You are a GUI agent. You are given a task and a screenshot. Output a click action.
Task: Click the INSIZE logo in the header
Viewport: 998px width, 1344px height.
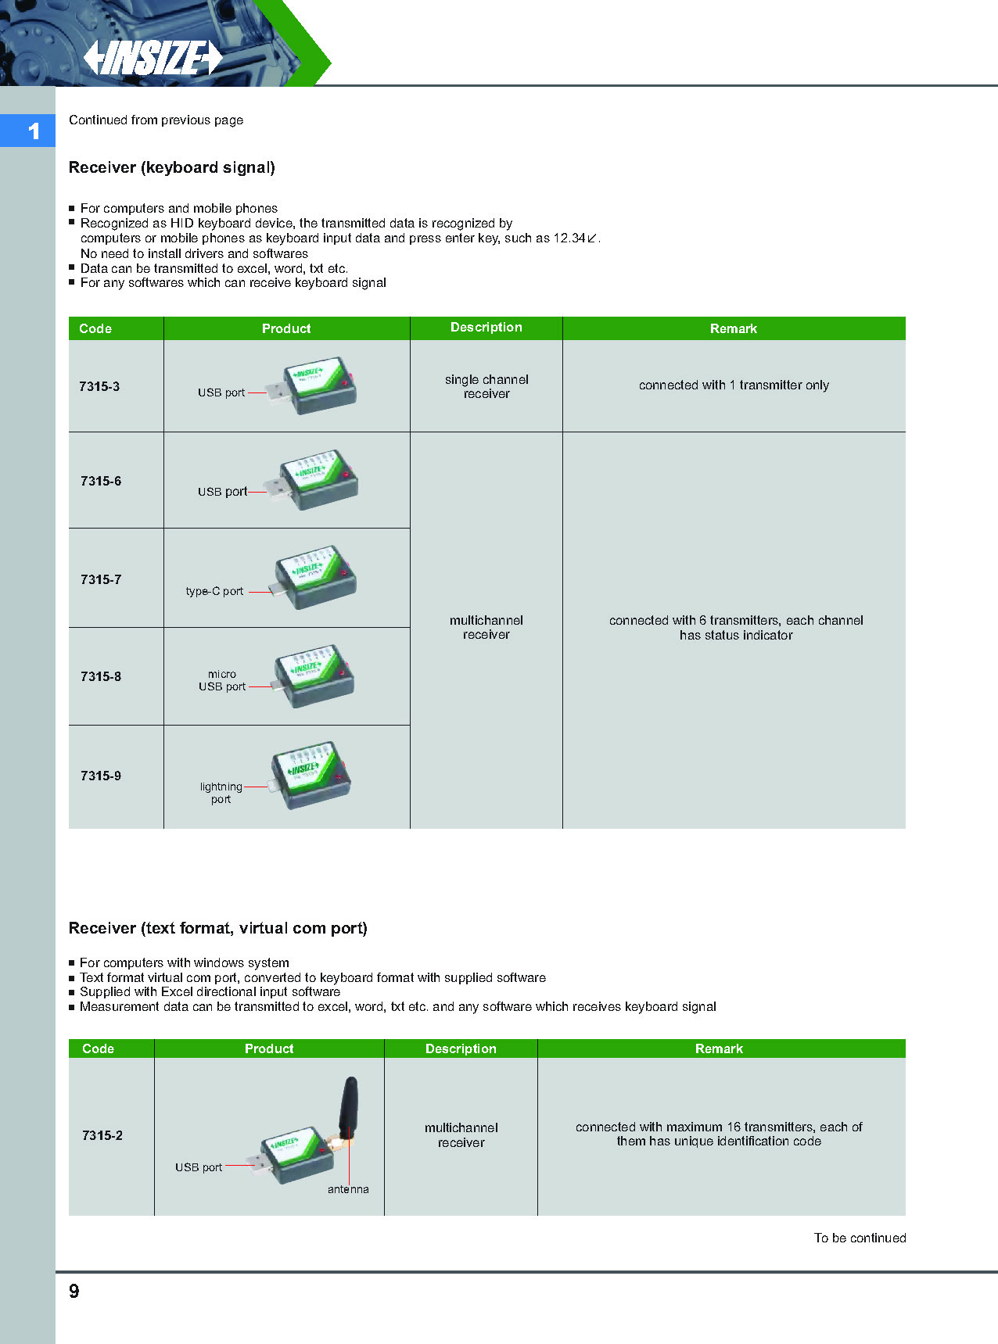153,58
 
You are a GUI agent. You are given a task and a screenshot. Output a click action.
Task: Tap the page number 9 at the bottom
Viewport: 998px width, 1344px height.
74,1291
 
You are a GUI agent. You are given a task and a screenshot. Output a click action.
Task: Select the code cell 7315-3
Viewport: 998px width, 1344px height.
99,386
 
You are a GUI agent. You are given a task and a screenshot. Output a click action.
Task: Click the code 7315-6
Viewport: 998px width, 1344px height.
101,481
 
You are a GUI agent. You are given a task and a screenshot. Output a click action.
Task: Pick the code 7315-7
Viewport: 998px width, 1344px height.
101,579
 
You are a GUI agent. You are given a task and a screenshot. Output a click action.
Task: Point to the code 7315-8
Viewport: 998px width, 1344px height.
101,676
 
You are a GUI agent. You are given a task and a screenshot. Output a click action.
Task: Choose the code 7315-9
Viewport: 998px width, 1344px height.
101,776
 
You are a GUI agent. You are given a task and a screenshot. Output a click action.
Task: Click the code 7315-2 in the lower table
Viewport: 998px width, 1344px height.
102,1135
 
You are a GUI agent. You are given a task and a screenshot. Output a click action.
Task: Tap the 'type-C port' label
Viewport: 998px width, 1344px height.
214,591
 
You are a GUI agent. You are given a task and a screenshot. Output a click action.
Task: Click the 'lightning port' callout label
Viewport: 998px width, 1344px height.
221,793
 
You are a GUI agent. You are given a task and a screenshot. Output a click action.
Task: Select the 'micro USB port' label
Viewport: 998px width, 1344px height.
222,680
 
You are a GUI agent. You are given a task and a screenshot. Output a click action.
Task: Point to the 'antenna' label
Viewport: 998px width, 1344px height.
348,1189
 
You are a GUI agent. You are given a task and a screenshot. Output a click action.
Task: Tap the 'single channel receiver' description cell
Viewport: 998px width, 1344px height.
486,386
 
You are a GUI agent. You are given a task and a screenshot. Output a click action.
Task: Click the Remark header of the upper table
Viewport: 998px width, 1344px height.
733,328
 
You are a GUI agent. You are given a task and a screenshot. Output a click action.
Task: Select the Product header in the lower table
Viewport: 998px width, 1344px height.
269,1048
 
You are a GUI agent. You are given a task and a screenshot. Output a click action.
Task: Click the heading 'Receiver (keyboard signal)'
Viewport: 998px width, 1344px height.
172,167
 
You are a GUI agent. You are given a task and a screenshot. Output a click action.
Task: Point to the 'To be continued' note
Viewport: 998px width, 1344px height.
860,1238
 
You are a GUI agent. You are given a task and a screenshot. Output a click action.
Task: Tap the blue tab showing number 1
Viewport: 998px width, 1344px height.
28,131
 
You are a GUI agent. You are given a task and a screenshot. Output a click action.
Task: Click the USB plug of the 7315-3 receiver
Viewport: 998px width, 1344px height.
279,392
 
